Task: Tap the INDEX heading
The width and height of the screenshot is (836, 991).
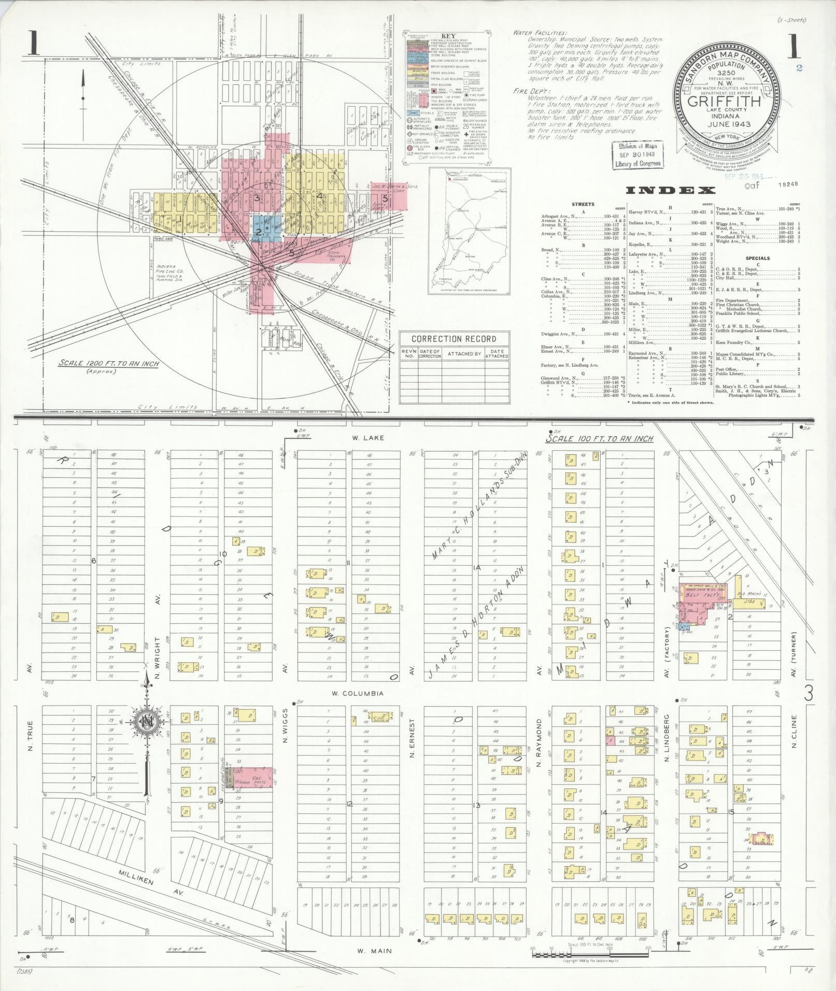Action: tap(671, 190)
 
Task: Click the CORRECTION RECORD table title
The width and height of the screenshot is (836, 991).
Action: tap(454, 339)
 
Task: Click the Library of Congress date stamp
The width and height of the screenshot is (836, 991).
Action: tap(639, 154)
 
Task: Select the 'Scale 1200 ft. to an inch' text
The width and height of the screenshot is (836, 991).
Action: tap(109, 364)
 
